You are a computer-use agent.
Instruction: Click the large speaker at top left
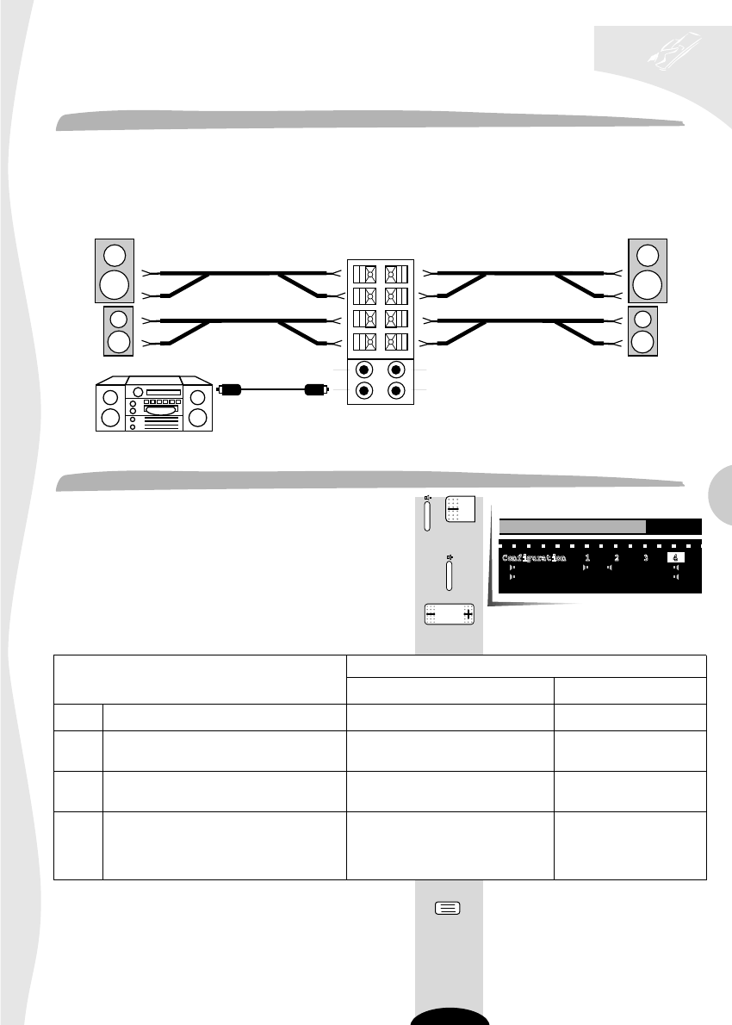pyautogui.click(x=114, y=269)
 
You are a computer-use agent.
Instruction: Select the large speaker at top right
pyautogui.click(x=648, y=269)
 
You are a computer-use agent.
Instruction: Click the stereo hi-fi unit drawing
pyautogui.click(x=152, y=403)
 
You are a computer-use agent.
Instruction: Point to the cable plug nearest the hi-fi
pyautogui.click(x=228, y=389)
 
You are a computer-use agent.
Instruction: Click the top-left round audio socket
pyautogui.click(x=364, y=371)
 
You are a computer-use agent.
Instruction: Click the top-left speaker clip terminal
pyautogui.click(x=364, y=275)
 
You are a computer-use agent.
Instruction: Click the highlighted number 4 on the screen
pyautogui.click(x=675, y=558)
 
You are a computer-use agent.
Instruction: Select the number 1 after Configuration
pyautogui.click(x=586, y=558)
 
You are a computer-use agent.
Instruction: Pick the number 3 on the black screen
pyautogui.click(x=644, y=558)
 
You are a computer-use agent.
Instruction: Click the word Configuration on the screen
pyautogui.click(x=534, y=558)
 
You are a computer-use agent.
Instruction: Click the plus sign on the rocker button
pyautogui.click(x=468, y=615)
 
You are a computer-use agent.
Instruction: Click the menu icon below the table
pyautogui.click(x=448, y=908)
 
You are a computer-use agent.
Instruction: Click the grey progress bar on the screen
pyautogui.click(x=573, y=527)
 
